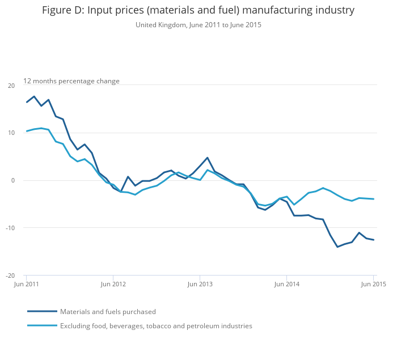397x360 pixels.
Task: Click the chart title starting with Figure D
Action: click(x=198, y=10)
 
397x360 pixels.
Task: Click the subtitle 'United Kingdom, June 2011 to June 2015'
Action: click(x=198, y=25)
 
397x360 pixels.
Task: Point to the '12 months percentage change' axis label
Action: click(x=71, y=81)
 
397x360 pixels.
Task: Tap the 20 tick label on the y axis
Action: click(x=11, y=86)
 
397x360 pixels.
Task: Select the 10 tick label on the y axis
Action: click(x=11, y=133)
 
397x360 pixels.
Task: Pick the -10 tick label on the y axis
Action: click(x=10, y=228)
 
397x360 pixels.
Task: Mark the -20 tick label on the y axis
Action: click(x=10, y=276)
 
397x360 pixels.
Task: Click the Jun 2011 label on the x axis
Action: click(x=27, y=284)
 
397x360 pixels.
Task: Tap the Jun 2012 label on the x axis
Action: click(x=113, y=284)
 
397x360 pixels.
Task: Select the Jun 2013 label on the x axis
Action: click(x=200, y=284)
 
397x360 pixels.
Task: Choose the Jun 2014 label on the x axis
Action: click(x=286, y=284)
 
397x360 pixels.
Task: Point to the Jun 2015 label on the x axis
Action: click(x=373, y=284)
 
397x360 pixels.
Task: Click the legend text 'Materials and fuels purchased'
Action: click(x=108, y=312)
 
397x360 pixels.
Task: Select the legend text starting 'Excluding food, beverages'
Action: click(x=156, y=326)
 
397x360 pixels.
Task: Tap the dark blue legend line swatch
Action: click(x=42, y=311)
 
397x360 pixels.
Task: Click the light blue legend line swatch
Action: click(x=42, y=325)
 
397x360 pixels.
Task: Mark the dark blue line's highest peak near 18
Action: click(x=34, y=96)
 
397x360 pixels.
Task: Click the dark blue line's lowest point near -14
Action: click(x=337, y=247)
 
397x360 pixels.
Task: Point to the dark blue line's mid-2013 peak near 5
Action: click(x=208, y=158)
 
